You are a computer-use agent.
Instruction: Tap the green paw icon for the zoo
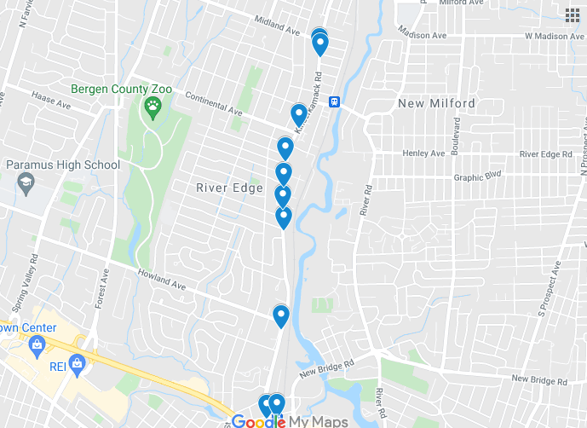click(x=153, y=107)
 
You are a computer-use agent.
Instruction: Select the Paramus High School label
click(x=63, y=165)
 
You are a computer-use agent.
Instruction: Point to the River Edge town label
click(x=229, y=188)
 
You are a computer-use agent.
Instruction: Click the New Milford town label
click(x=436, y=103)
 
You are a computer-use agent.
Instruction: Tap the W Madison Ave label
click(x=554, y=37)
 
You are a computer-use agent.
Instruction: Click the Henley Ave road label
click(x=424, y=153)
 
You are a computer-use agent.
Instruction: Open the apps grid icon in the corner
click(x=572, y=14)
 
